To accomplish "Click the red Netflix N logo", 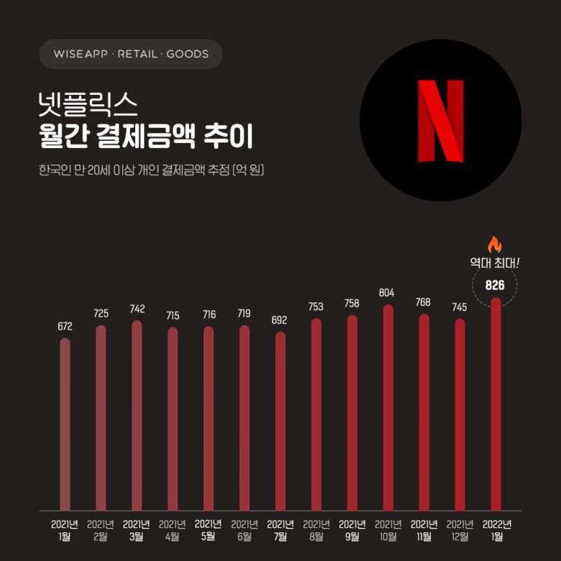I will [x=440, y=120].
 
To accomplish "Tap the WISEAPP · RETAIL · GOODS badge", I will [x=131, y=54].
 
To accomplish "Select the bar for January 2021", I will [x=65, y=424].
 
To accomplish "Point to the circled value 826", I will [x=495, y=286].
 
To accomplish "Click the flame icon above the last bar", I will [x=494, y=245].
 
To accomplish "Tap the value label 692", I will [x=280, y=320].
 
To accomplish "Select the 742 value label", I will [x=137, y=309].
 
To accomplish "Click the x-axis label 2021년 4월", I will [x=173, y=530].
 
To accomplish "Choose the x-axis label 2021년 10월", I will [x=388, y=530].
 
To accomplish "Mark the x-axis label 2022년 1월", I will [x=496, y=530].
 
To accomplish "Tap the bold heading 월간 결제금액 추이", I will [x=137, y=137].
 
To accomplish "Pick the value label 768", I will [x=424, y=302].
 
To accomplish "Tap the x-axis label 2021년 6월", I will [x=245, y=530].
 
